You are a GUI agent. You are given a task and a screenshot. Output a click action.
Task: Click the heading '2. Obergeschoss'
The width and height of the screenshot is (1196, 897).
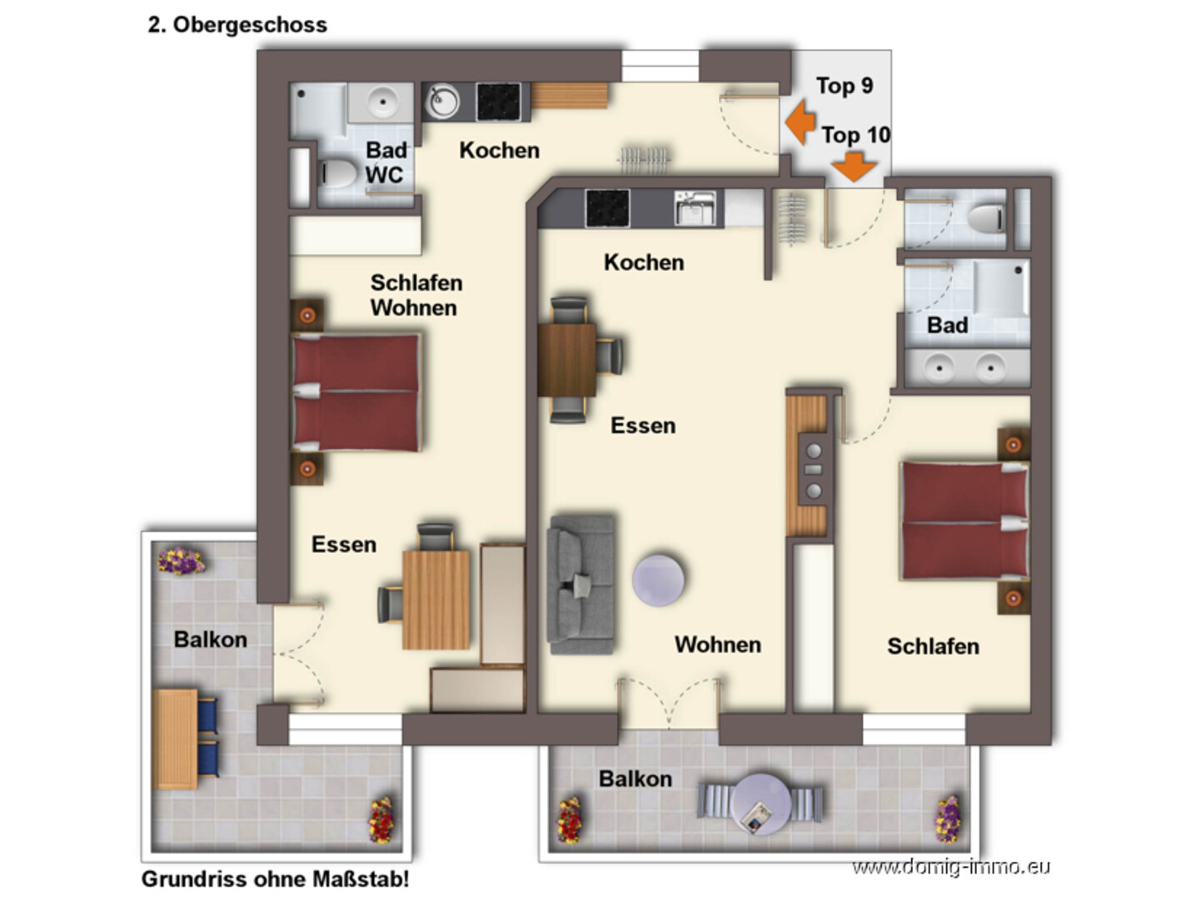point(237,25)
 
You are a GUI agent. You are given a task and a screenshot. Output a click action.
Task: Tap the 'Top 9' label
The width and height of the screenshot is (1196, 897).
point(844,86)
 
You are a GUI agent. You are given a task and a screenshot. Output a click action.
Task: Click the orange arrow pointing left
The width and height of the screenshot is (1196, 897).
point(800,122)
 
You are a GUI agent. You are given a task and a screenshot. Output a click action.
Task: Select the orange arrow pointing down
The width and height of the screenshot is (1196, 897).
point(853,167)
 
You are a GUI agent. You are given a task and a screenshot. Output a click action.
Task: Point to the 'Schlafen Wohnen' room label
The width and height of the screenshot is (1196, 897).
point(416,295)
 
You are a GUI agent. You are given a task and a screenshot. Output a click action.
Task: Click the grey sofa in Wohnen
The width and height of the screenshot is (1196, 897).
point(581,584)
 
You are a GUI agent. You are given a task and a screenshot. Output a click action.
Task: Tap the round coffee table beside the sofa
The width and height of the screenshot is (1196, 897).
point(658,580)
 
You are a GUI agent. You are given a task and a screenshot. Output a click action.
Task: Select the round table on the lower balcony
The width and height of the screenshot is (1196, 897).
point(760,804)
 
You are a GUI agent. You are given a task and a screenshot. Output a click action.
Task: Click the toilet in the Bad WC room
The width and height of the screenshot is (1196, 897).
point(336,174)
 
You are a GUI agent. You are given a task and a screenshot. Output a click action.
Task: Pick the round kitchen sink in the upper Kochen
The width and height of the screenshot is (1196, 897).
point(442,102)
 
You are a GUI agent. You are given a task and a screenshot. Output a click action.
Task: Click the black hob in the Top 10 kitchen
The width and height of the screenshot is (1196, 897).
point(607,208)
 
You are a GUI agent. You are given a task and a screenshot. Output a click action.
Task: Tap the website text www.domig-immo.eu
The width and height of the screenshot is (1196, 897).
point(951,866)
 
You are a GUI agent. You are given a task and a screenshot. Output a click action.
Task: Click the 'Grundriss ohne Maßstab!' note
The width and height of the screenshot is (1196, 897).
point(275,879)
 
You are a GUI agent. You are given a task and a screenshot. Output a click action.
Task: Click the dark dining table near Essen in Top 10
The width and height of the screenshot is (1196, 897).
point(566,360)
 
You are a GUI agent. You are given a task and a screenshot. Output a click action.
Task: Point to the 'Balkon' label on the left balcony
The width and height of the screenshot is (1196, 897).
point(211,640)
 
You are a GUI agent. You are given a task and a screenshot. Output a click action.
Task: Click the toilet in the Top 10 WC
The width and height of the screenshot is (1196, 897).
point(985,219)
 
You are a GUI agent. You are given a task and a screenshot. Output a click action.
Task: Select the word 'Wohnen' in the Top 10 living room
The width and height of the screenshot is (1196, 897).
point(718,645)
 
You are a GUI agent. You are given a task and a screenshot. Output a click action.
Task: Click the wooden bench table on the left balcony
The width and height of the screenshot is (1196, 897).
point(176,740)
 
